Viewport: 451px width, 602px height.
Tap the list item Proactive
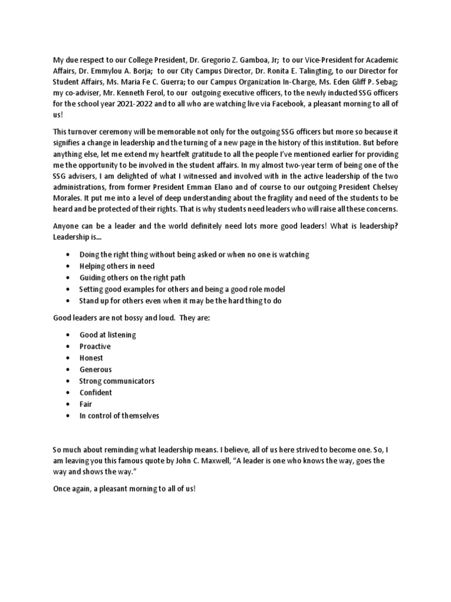coord(95,346)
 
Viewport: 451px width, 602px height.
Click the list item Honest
coord(92,358)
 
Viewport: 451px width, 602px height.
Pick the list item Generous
coord(96,370)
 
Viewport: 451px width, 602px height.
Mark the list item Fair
coord(86,404)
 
